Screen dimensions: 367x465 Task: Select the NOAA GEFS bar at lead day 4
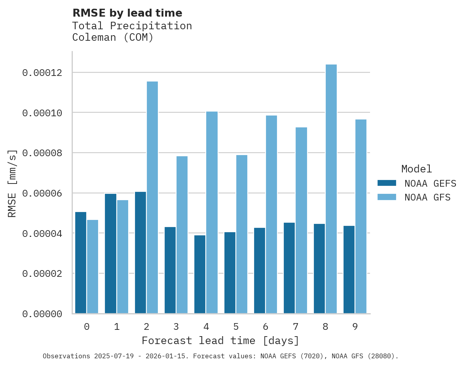[x=200, y=274]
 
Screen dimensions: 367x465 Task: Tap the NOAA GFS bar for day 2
[x=152, y=197]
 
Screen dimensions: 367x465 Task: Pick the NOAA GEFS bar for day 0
[x=81, y=263]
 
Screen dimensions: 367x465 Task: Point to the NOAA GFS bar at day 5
[x=241, y=234]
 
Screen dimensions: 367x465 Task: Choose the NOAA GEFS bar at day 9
[x=349, y=269]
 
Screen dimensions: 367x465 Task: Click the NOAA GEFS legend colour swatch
[x=387, y=183]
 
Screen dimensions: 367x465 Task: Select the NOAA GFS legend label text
[x=427, y=197]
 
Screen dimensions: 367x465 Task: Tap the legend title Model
[x=416, y=169]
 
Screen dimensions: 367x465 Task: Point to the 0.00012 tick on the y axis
[x=42, y=73]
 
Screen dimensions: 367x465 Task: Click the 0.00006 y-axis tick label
[x=42, y=193]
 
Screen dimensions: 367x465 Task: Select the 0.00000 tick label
[x=42, y=314]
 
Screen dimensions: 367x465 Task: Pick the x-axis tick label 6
[x=266, y=327]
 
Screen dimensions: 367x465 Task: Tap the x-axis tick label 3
[x=176, y=327]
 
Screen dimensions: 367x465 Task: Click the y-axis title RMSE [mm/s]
[x=12, y=183]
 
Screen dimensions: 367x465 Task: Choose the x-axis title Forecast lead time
[x=220, y=341]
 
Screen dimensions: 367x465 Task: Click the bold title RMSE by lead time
[x=127, y=13]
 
